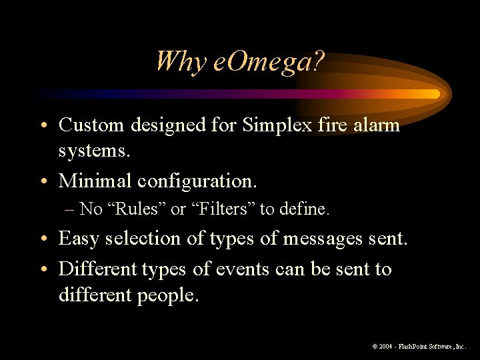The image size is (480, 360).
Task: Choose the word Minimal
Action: pyautogui.click(x=95, y=180)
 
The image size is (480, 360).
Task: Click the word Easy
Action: pyautogui.click(x=81, y=238)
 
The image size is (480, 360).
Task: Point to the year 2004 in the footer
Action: pyautogui.click(x=386, y=347)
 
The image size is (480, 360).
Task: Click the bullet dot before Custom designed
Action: pyautogui.click(x=47, y=125)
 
